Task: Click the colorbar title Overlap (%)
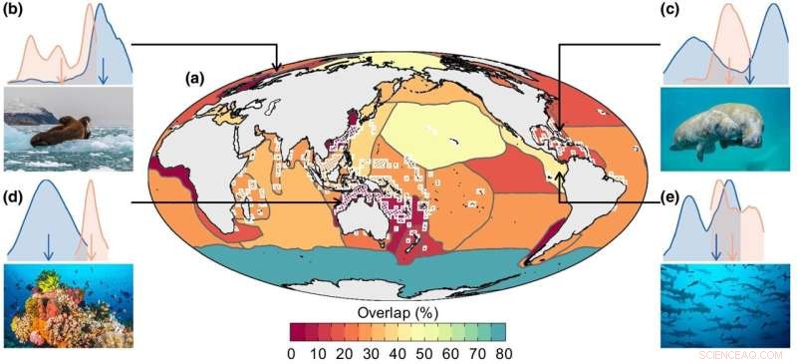(x=398, y=311)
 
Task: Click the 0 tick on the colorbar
(x=291, y=352)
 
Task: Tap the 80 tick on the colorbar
(x=505, y=352)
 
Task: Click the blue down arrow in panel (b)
(x=104, y=70)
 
